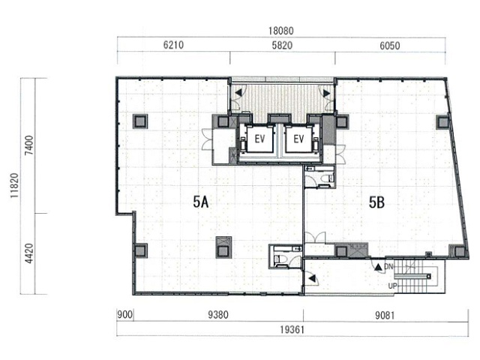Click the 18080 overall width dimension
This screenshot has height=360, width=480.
pos(281,31)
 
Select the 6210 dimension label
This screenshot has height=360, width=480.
pos(173,45)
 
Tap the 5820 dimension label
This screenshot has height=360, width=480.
pos(282,45)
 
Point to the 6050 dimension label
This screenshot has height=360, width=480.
pos(390,46)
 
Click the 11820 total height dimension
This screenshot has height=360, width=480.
pos(14,185)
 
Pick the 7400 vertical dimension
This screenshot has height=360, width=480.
pos(29,145)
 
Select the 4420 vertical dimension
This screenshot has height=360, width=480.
pos(29,253)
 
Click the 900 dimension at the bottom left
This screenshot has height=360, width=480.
pos(125,315)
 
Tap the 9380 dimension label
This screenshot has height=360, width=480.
pos(218,315)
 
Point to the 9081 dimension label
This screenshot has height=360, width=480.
pos(385,315)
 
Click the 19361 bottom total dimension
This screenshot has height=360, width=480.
pos(292,330)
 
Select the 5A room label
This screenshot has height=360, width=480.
pos(201,202)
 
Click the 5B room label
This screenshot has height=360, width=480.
pos(376,202)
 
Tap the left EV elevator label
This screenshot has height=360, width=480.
pos(259,139)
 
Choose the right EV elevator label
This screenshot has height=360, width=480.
pos(298,139)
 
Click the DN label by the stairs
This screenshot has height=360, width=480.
pos(388,267)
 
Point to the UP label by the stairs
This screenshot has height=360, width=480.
pos(392,286)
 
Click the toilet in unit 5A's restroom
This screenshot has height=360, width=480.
pos(280,259)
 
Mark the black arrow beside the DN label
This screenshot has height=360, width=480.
pos(379,267)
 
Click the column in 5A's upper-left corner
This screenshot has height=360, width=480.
pos(140,121)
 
